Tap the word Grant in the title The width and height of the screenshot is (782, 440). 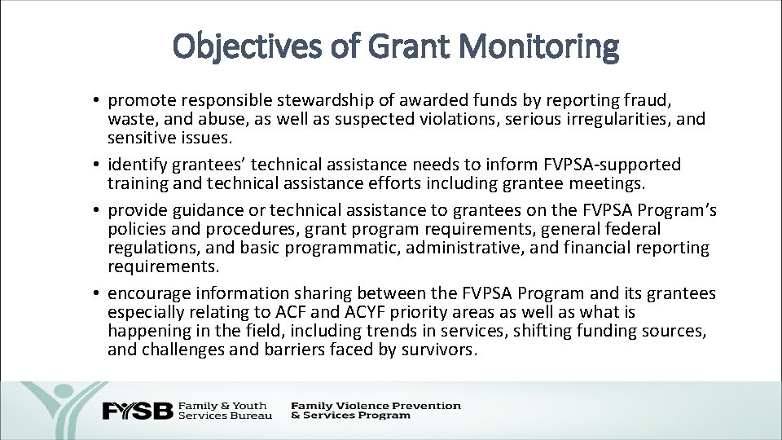point(394,46)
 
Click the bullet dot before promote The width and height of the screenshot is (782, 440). point(96,101)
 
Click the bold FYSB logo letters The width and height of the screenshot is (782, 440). point(137,411)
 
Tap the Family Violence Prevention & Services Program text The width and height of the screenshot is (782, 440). point(375,410)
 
